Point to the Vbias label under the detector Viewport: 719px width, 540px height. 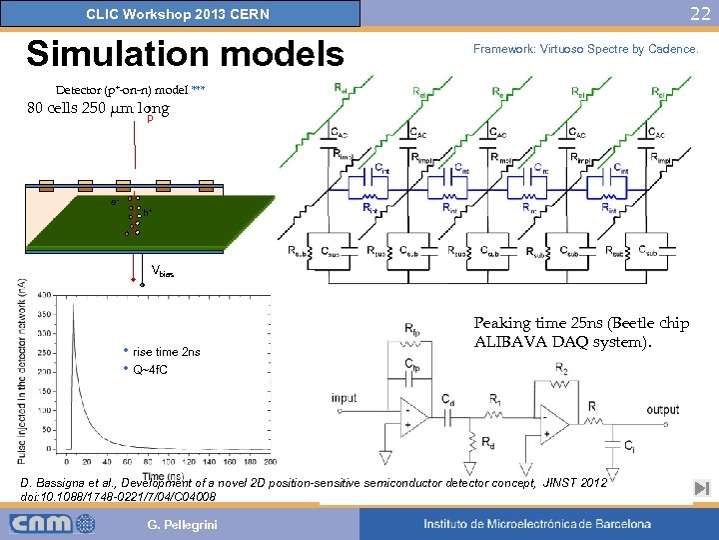click(162, 271)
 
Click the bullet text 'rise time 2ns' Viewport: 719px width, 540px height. click(166, 352)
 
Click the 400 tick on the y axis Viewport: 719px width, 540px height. click(45, 296)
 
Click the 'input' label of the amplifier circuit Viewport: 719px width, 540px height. click(344, 399)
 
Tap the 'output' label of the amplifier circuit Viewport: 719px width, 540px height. click(662, 409)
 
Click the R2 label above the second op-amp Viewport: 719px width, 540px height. click(562, 369)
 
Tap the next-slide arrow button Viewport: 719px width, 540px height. click(701, 488)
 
